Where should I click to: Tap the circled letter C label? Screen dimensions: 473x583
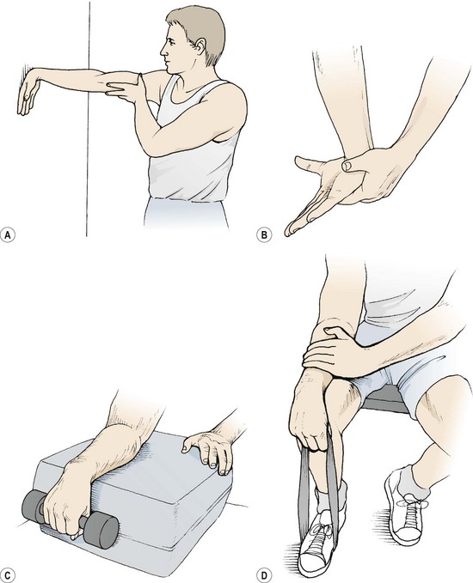click(x=8, y=575)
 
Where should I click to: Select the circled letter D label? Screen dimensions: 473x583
click(x=264, y=575)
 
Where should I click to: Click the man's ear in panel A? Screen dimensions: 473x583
click(x=200, y=46)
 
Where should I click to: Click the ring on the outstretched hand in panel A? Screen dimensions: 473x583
click(x=25, y=98)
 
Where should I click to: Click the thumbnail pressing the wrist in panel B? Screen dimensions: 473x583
click(x=347, y=164)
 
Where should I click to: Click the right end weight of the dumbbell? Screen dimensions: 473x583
click(x=101, y=529)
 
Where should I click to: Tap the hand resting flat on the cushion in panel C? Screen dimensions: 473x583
click(x=211, y=451)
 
